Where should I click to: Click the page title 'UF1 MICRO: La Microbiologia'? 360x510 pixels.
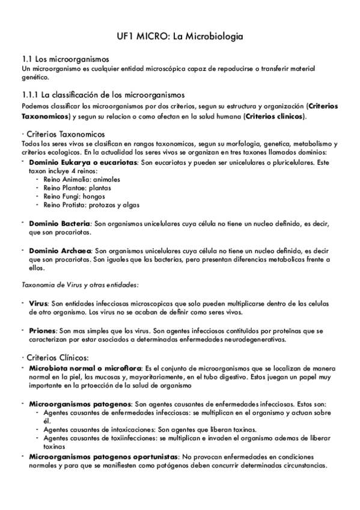point(180,37)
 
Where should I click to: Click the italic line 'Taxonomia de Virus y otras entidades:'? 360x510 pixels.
point(79,284)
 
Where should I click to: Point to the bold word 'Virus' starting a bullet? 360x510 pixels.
point(38,305)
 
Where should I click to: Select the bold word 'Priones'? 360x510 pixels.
point(42,331)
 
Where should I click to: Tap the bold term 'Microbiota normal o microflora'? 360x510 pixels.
point(85,367)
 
